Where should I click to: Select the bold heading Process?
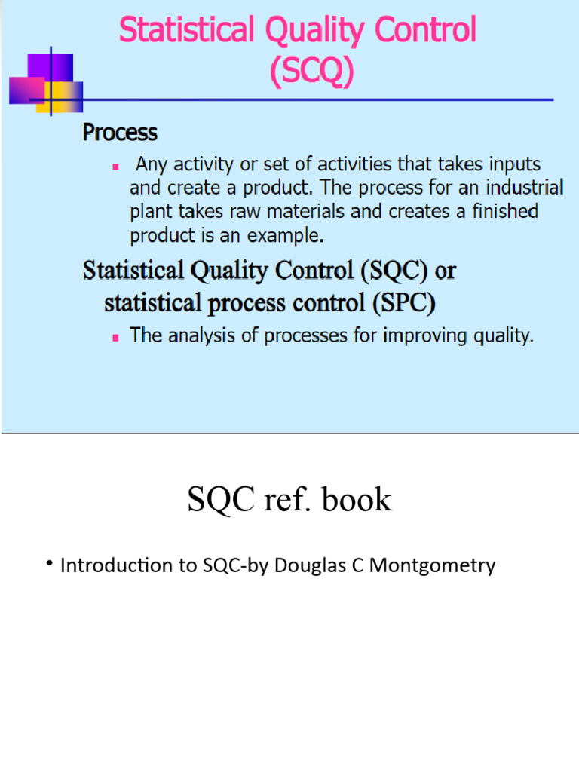coord(120,133)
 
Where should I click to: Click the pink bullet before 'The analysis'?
coord(115,337)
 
